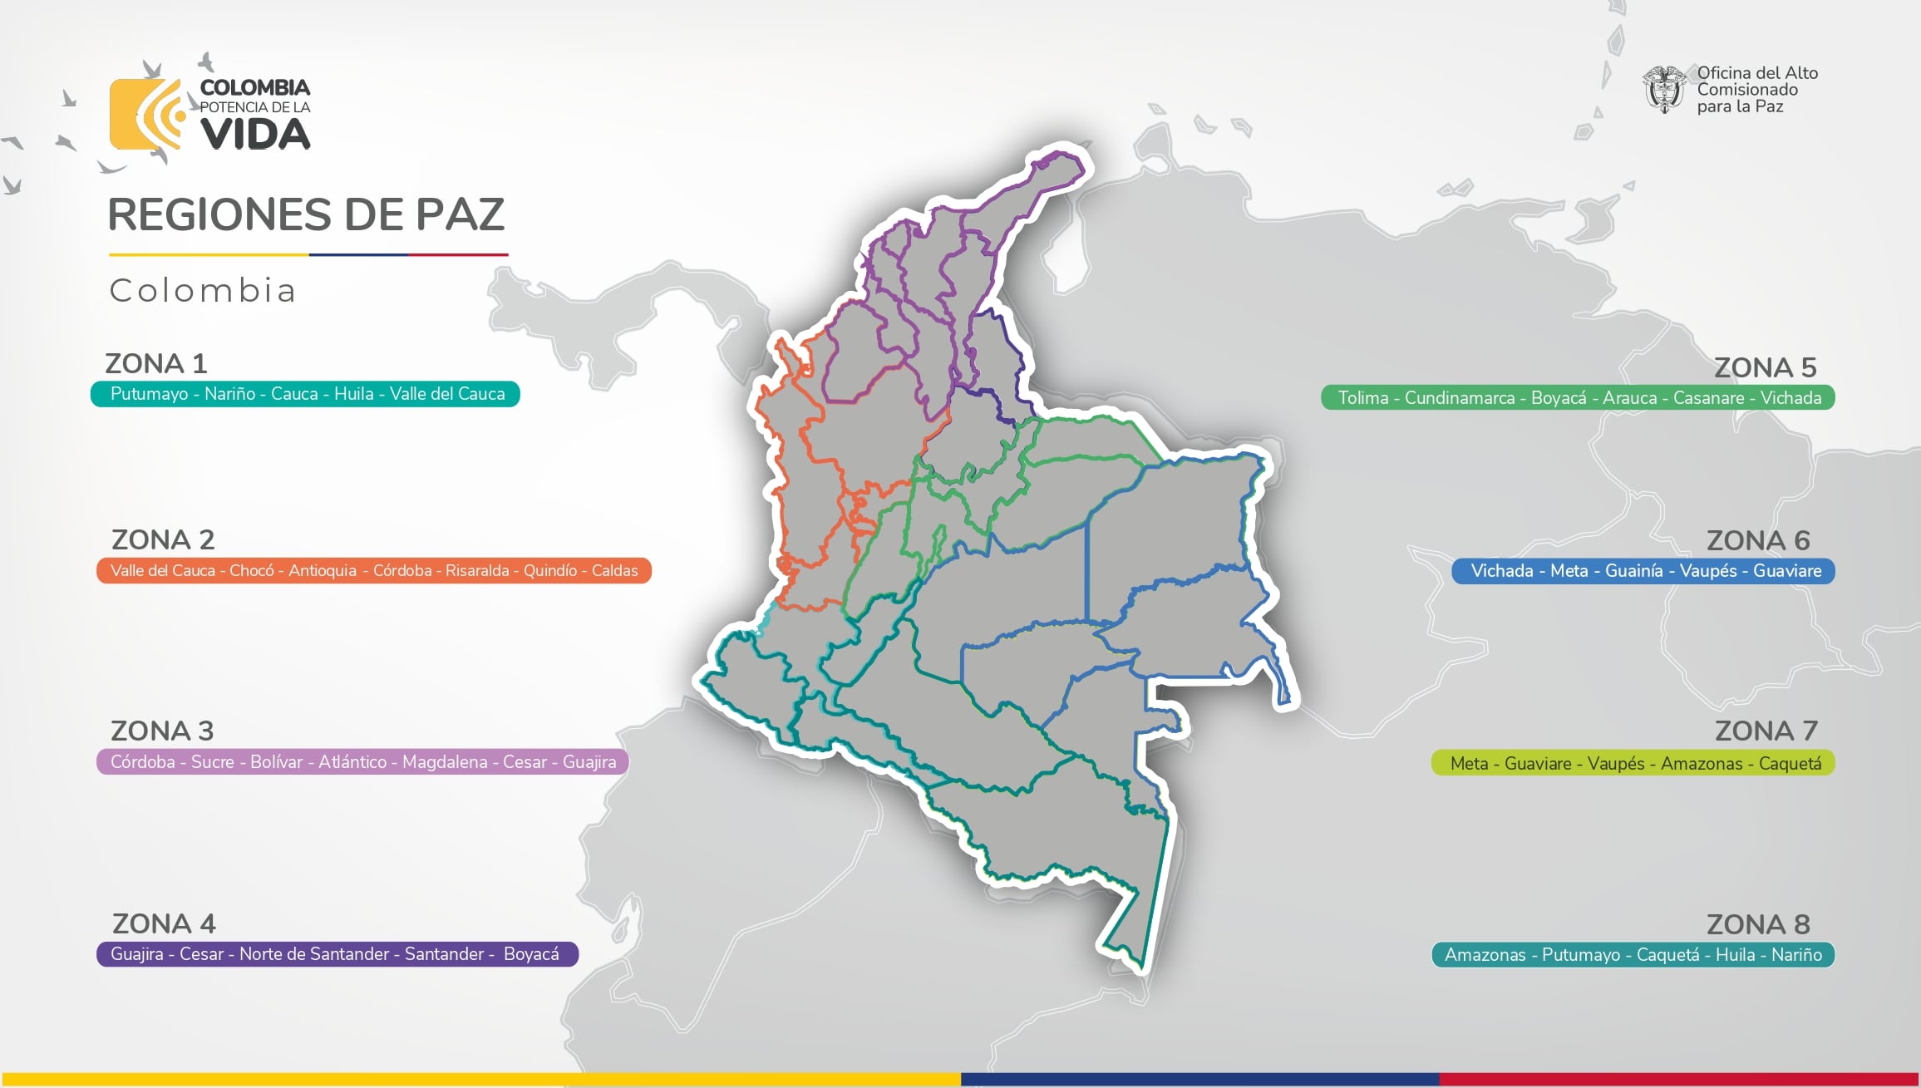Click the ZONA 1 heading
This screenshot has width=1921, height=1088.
click(155, 363)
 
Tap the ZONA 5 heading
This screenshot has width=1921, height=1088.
click(1765, 367)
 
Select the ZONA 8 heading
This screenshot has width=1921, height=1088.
click(1758, 924)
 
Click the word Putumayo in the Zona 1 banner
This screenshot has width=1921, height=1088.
click(149, 394)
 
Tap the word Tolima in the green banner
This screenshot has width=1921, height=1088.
click(1362, 398)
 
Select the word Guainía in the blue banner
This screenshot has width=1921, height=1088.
click(1633, 571)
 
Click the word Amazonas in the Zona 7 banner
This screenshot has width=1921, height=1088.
click(1701, 764)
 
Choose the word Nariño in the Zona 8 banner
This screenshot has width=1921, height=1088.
click(1796, 955)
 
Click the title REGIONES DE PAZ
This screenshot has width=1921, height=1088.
click(306, 214)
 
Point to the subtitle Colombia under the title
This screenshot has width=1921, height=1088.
click(203, 291)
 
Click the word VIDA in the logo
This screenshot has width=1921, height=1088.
click(255, 135)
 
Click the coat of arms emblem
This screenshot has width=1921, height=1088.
click(1663, 90)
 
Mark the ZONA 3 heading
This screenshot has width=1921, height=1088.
click(162, 731)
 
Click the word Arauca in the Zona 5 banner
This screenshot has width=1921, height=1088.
click(1629, 398)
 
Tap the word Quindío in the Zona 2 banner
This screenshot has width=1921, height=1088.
click(549, 571)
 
